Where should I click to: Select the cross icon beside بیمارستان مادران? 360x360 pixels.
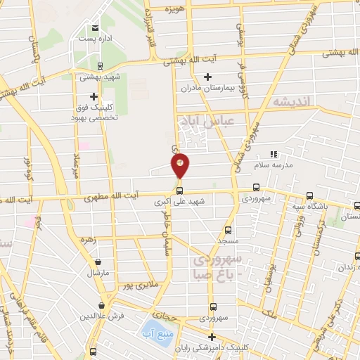click(207, 76)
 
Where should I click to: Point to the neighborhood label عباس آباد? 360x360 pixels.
click(205, 122)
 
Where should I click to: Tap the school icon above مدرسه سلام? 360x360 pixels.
click(274, 153)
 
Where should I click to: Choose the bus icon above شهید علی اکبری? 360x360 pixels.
click(180, 190)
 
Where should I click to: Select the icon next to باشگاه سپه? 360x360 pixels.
click(310, 196)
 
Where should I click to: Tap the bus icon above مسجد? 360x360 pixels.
click(228, 229)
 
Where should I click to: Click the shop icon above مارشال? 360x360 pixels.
click(97, 262)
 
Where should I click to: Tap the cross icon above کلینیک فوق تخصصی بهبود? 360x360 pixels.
click(94, 96)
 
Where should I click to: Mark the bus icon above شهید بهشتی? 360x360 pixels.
click(100, 65)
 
